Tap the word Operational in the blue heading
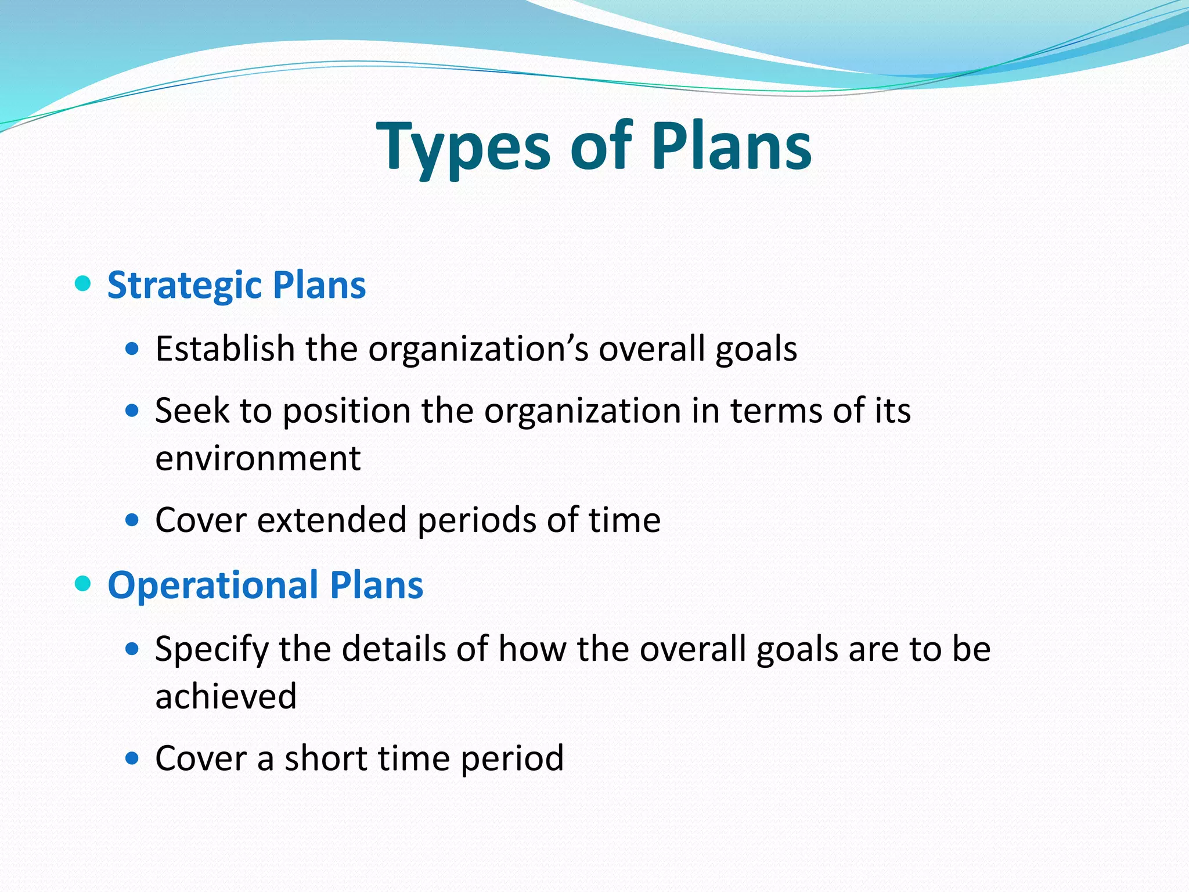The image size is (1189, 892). point(213,585)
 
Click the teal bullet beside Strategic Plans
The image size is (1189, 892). point(83,284)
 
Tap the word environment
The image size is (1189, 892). point(258,458)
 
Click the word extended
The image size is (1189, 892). point(332,519)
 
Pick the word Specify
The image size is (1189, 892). point(211,649)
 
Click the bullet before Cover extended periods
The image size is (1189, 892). point(132,519)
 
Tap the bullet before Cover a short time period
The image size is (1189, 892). point(132,758)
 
